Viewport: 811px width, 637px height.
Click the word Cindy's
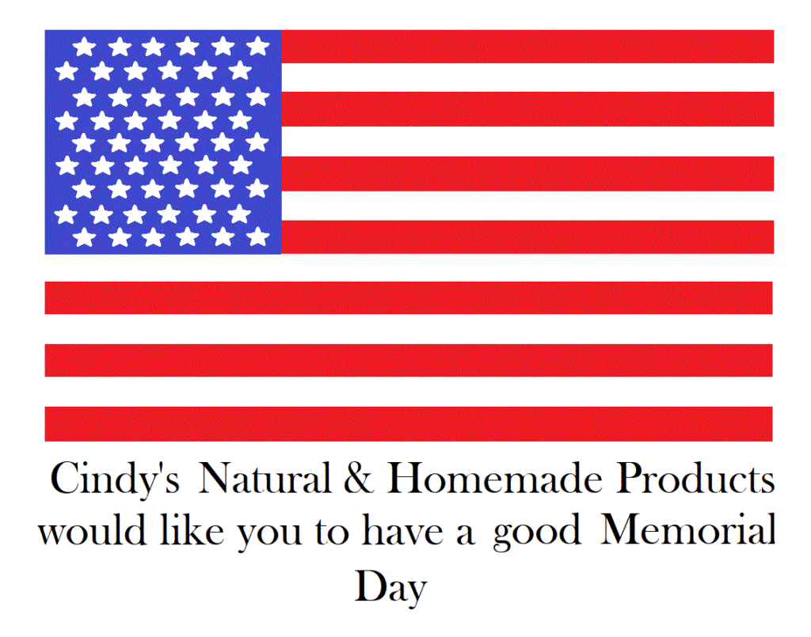point(115,479)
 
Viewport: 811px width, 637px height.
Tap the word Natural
point(265,477)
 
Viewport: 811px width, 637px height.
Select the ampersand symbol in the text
point(358,477)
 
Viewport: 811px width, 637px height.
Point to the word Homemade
point(495,477)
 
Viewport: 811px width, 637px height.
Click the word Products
point(695,477)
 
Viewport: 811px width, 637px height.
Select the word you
point(269,535)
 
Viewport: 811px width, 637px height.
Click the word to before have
point(332,531)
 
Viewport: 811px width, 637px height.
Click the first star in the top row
point(84,47)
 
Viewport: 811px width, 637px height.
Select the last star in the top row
point(257,47)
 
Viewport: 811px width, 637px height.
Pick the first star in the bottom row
point(84,237)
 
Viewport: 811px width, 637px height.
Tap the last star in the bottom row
point(257,237)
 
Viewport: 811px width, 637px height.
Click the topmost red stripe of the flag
point(527,47)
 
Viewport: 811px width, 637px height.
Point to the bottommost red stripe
point(409,424)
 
